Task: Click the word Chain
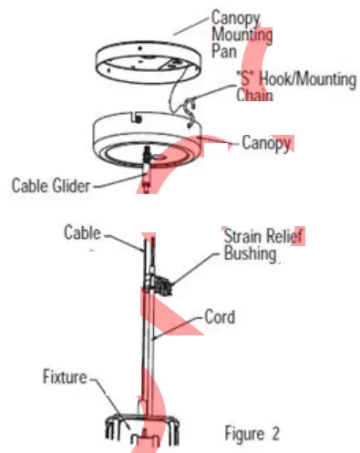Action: coord(256,94)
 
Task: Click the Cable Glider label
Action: coord(51,186)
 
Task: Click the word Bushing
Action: coord(251,253)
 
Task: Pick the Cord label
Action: coord(220,318)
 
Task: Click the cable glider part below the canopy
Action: coord(149,173)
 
